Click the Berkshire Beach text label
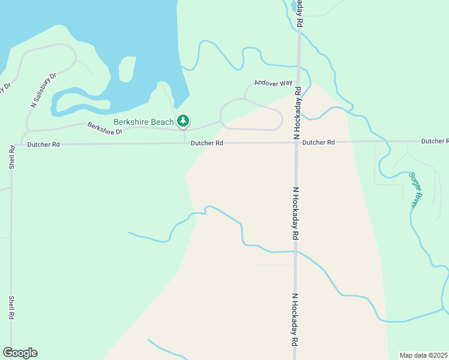[x=143, y=122]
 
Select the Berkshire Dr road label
[x=104, y=128]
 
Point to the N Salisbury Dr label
[x=43, y=91]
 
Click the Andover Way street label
[x=273, y=83]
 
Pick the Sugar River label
[x=414, y=190]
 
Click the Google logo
[x=20, y=353]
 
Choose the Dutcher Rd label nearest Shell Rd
[x=44, y=144]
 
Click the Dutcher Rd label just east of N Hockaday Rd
[x=318, y=142]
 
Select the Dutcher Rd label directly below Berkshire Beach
[x=207, y=143]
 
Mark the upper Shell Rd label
[x=12, y=157]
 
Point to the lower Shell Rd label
[x=11, y=307]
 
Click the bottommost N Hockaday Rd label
[x=295, y=319]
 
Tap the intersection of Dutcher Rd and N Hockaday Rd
[x=297, y=142]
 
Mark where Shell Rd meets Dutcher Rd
[x=12, y=144]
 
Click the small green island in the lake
[x=127, y=69]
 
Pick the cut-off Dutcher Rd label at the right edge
[x=435, y=141]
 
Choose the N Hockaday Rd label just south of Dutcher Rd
[x=295, y=213]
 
